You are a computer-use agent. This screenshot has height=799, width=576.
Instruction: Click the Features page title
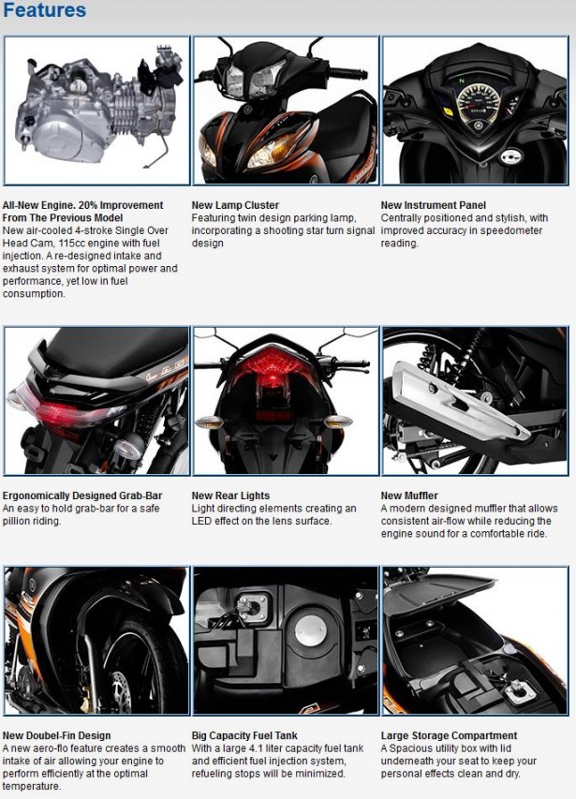[45, 12]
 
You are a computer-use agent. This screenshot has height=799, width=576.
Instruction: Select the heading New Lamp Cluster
[235, 205]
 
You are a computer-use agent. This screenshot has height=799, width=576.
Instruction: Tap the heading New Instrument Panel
[433, 205]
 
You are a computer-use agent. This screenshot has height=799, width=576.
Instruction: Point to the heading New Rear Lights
[230, 496]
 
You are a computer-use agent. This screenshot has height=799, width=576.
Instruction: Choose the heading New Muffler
[409, 496]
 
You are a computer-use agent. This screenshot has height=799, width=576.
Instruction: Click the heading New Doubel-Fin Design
[56, 735]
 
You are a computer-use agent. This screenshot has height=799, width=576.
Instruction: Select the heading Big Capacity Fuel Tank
[244, 735]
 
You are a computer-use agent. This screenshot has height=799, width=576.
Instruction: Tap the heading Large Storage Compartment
[449, 735]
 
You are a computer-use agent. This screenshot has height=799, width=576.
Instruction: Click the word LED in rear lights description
[203, 521]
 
